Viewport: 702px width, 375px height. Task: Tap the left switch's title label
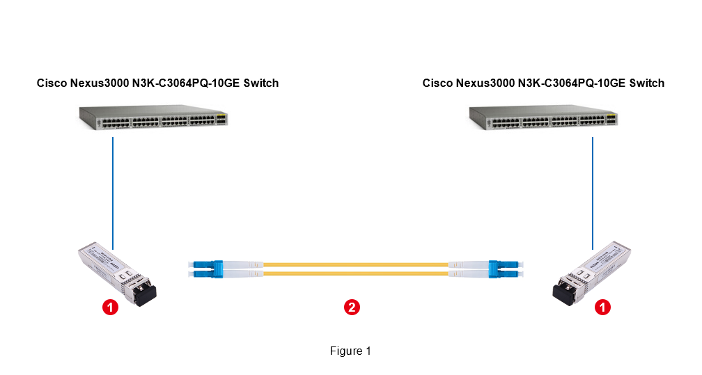(157, 83)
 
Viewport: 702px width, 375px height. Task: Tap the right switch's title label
(543, 83)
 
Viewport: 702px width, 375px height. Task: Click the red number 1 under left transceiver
(110, 306)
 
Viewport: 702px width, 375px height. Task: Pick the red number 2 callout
(352, 306)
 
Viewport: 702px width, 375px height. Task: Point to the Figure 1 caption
(350, 351)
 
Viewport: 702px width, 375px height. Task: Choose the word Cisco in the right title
(437, 83)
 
